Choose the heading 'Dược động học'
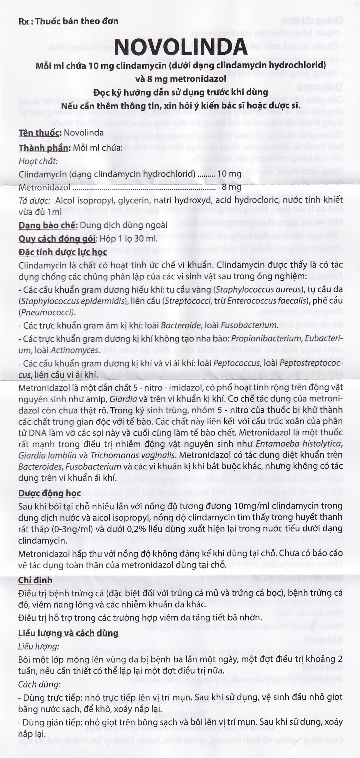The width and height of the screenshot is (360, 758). (x=49, y=493)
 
